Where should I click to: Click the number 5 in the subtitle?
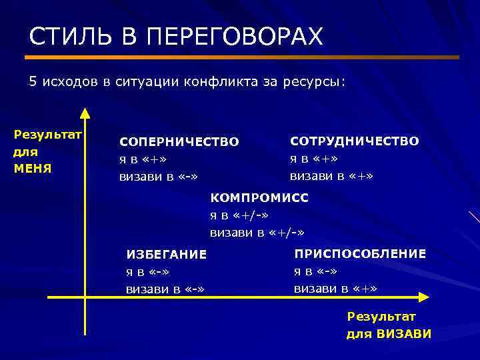point(33,81)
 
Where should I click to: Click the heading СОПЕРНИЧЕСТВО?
point(179,142)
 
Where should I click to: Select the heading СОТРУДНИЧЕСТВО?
point(354,141)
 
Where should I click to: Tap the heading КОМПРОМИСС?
point(259,198)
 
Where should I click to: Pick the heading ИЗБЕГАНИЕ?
point(167,254)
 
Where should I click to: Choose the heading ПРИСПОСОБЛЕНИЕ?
point(360,253)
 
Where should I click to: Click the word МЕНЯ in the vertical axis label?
point(33,167)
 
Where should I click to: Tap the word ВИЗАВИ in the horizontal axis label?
point(404,334)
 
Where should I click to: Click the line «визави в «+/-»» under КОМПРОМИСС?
point(257,233)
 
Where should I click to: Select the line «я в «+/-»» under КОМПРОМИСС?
point(239,215)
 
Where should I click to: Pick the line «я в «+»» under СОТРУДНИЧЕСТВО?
point(313,159)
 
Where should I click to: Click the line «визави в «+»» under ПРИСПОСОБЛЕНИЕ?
point(335,289)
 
